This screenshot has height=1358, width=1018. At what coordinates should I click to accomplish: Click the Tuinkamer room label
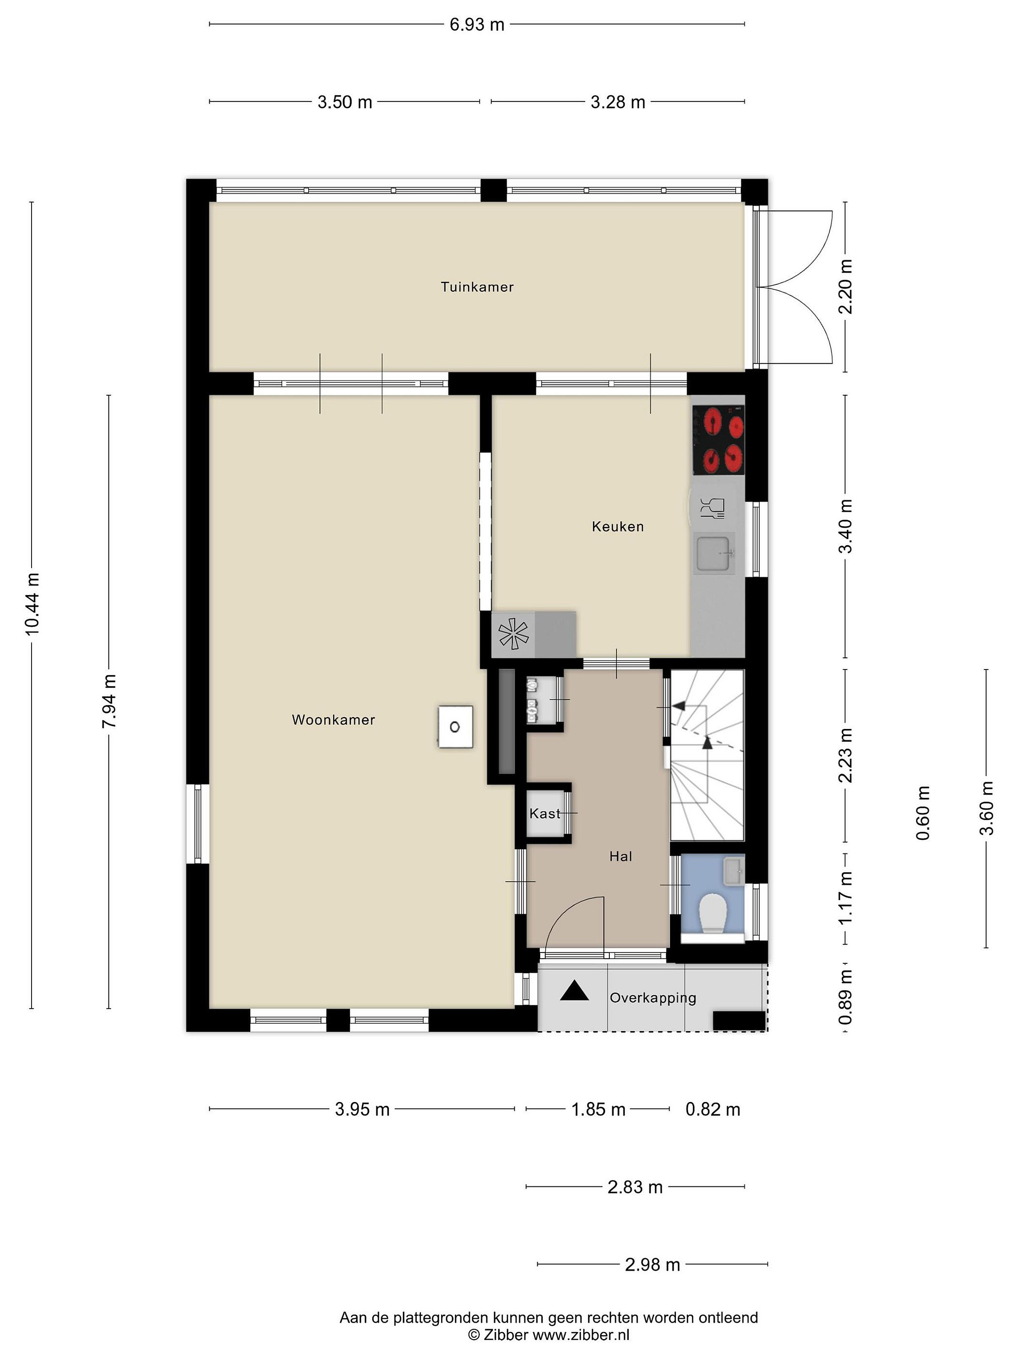(x=477, y=287)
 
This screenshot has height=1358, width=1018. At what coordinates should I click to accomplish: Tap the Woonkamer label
(x=333, y=720)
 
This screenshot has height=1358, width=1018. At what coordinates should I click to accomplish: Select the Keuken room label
(x=617, y=526)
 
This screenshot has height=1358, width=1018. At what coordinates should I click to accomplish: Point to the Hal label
(x=620, y=856)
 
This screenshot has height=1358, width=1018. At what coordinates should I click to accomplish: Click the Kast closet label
(x=545, y=813)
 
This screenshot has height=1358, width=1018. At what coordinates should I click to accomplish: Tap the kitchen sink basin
(x=714, y=553)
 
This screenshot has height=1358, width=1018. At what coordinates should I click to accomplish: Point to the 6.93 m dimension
(x=477, y=25)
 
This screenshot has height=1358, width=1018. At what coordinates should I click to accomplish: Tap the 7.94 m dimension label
(x=109, y=702)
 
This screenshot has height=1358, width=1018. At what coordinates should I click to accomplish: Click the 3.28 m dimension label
(x=618, y=102)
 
